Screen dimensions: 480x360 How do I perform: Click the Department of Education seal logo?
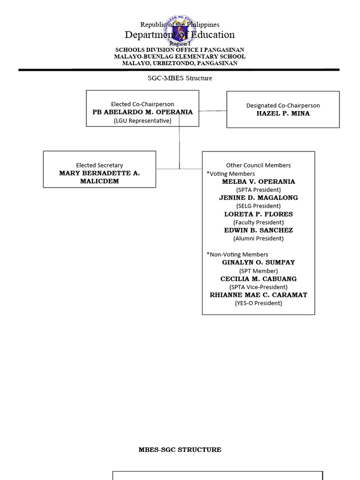click(180, 28)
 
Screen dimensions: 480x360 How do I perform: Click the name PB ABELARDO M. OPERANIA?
click(142, 112)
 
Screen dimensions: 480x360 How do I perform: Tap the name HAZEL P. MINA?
click(283, 113)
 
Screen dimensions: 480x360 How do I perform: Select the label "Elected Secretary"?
click(99, 165)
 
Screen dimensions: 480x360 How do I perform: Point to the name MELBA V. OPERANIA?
click(258, 181)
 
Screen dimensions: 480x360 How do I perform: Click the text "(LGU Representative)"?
click(142, 120)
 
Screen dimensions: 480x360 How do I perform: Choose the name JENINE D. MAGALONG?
click(258, 198)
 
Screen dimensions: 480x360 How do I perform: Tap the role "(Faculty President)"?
click(258, 222)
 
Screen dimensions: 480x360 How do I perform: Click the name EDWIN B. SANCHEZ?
click(258, 230)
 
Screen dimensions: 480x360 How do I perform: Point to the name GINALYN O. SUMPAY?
click(258, 262)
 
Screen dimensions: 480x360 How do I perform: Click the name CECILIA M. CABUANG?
click(258, 279)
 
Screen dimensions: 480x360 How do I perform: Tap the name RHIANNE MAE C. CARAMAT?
click(258, 295)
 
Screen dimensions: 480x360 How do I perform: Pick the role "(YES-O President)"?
click(258, 303)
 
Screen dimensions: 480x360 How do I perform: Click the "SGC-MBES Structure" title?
click(180, 78)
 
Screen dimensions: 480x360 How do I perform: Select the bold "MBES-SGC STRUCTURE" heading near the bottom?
click(180, 450)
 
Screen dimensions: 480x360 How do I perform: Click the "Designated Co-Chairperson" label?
click(283, 105)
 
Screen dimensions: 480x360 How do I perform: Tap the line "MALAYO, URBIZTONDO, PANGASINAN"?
click(180, 63)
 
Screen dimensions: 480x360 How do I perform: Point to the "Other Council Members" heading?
click(258, 165)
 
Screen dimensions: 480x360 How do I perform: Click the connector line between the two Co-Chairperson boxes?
click(213, 111)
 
